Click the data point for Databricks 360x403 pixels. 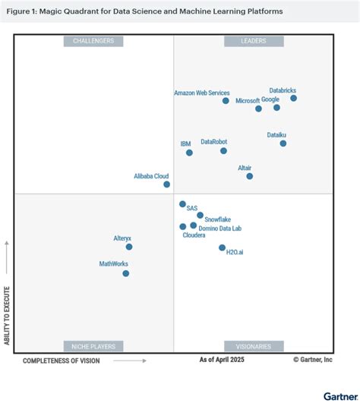[293, 98]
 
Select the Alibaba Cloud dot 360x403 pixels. [166, 184]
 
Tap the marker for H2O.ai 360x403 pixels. [222, 247]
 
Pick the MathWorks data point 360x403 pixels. [126, 273]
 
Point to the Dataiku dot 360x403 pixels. [283, 143]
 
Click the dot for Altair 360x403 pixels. [249, 176]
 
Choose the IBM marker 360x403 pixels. [189, 153]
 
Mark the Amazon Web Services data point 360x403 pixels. [226, 101]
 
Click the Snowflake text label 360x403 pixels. [217, 219]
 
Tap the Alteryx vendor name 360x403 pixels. [122, 238]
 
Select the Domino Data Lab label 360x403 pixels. [219, 228]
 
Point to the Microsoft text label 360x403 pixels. [248, 101]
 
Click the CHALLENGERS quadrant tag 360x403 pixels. [93, 41]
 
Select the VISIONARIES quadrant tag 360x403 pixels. [254, 346]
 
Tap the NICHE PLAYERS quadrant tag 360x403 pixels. [93, 346]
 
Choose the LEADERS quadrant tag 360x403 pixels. [254, 41]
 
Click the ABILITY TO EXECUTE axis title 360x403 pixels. [7, 316]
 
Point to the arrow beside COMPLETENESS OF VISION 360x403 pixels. [130, 360]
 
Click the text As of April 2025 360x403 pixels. [222, 360]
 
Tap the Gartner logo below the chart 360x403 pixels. [340, 397]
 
